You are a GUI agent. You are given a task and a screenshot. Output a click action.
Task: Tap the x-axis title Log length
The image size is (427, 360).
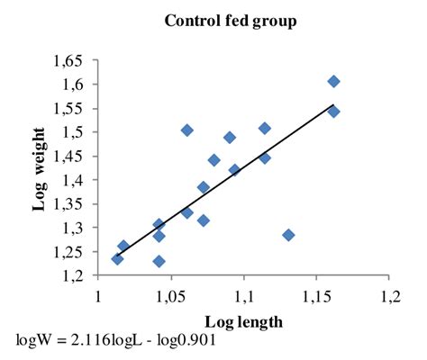pyautogui.click(x=242, y=322)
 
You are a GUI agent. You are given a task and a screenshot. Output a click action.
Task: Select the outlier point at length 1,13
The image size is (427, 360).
pyautogui.click(x=288, y=235)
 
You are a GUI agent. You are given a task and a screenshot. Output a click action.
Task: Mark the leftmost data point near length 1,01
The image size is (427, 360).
pyautogui.click(x=117, y=259)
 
